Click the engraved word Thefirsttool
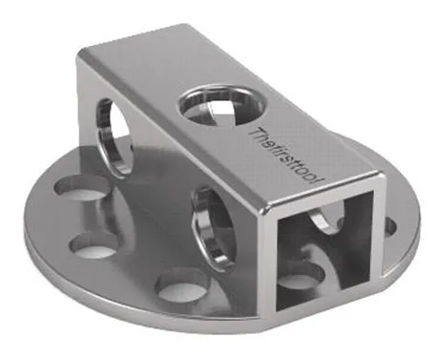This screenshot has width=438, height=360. [x=285, y=157]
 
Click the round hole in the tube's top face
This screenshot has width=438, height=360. [x=221, y=105]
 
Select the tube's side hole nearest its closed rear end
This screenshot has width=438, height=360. [x=114, y=137]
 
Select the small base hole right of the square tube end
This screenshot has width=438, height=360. [x=390, y=226]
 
